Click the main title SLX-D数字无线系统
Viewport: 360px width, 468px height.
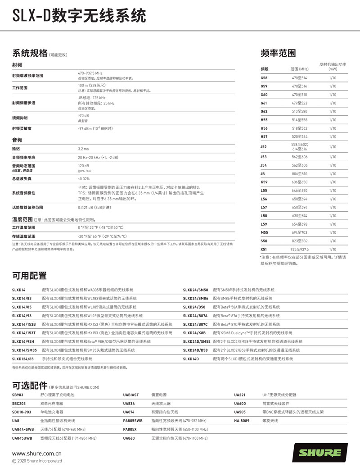click(x=79, y=16)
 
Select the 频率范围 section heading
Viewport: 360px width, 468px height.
click(x=278, y=53)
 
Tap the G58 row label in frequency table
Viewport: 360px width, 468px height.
click(x=264, y=78)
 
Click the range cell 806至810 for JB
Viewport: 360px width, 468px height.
click(x=299, y=174)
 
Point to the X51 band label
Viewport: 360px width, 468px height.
click(x=264, y=249)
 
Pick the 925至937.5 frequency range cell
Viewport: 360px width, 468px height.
click(x=299, y=249)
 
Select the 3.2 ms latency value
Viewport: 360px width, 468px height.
click(x=83, y=149)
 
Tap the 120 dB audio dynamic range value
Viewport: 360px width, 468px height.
click(x=83, y=166)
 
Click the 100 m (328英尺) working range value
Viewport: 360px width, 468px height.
click(x=92, y=85)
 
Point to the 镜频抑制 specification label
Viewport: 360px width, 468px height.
click(x=20, y=118)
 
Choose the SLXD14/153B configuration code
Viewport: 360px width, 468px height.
click(x=24, y=324)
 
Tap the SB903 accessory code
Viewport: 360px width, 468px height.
click(x=18, y=395)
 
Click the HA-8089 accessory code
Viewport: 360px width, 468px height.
click(x=242, y=421)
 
